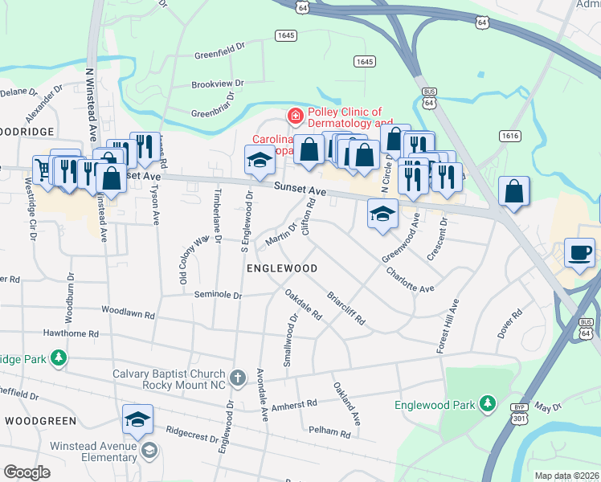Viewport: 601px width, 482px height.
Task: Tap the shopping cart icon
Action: click(42, 169)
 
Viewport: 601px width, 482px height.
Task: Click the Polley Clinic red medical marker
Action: click(296, 117)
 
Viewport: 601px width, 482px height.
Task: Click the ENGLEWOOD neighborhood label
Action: click(281, 268)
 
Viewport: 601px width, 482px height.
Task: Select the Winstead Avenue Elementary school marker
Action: click(148, 451)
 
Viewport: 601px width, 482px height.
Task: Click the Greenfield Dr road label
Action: click(219, 56)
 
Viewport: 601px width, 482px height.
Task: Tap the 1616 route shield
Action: click(509, 137)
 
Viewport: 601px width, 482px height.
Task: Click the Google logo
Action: click(27, 472)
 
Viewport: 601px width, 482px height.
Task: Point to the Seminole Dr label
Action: click(218, 295)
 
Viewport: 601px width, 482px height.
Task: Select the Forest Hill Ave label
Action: click(448, 325)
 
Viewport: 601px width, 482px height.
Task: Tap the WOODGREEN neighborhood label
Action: click(40, 420)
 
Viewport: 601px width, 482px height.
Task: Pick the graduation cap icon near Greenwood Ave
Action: click(382, 213)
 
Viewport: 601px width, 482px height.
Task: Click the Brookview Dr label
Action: click(218, 84)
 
